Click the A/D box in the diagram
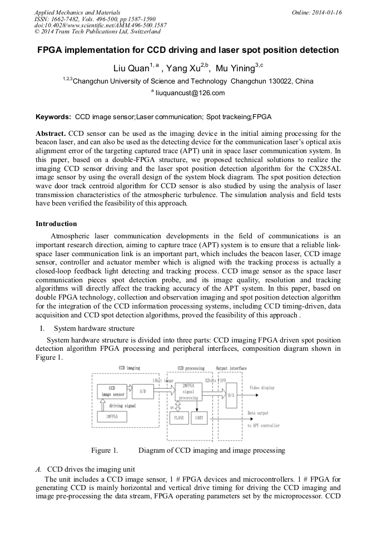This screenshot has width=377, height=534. pos(142,391)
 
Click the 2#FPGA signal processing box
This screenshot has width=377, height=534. pos(188,391)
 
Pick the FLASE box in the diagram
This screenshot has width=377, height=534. pos(178,417)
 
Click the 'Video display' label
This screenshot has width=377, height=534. pos(262,388)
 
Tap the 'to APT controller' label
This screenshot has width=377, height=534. pos(264,425)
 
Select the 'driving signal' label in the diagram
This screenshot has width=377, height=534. pos(123,405)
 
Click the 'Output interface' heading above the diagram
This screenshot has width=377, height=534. pos(231,369)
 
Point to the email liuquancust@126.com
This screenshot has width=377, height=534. pos(190,93)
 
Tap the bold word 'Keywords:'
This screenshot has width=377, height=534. pos(53,117)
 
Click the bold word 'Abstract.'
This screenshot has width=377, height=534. pos(51,134)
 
